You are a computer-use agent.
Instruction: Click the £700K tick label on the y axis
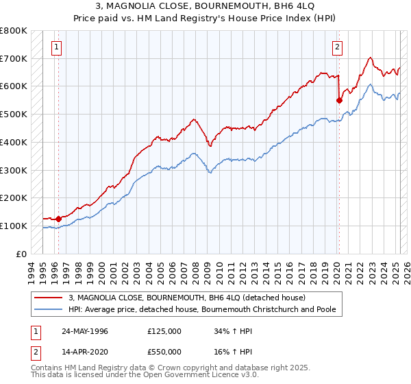(x=14, y=58)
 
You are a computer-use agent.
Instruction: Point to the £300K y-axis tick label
(x=14, y=170)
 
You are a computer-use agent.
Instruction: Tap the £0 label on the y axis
(x=21, y=254)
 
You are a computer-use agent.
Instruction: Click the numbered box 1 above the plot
(x=56, y=47)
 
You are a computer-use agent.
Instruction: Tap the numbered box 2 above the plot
(x=338, y=47)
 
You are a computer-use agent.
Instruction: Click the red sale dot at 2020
(x=339, y=100)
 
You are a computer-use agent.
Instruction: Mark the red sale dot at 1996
(x=59, y=219)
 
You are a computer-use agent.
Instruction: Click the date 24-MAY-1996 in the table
(x=84, y=331)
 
